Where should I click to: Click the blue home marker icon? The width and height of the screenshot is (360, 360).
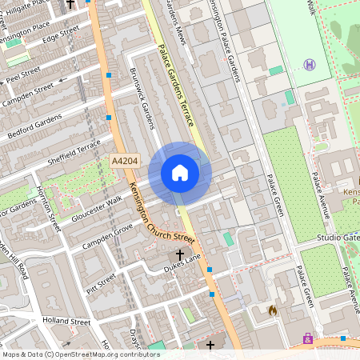tap(180, 173)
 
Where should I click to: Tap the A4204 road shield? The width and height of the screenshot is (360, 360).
tap(123, 161)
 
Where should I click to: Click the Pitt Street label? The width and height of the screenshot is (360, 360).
tap(101, 283)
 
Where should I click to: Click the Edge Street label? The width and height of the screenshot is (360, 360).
tap(61, 35)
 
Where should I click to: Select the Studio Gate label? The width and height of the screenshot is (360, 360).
tap(337, 237)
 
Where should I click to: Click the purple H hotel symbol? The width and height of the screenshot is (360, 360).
tap(309, 65)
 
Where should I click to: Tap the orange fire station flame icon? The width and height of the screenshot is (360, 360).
tap(273, 310)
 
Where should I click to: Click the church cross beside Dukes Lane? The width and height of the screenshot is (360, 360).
tap(179, 255)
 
